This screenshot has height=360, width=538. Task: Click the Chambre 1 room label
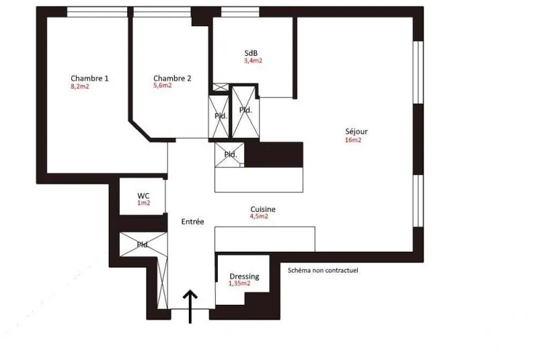point(89,78)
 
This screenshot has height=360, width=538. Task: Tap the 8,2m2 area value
point(80,87)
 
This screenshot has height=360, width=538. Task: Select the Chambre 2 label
point(172,78)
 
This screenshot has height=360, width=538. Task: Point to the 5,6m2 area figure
point(163,85)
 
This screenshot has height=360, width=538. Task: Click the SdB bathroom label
point(251,53)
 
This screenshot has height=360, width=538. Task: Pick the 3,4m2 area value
point(254,61)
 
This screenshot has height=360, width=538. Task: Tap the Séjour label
point(356,131)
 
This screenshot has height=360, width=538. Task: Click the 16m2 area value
point(353,140)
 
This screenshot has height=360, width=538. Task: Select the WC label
point(143,196)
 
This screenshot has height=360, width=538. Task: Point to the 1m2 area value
point(144,203)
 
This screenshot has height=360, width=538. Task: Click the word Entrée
point(192,221)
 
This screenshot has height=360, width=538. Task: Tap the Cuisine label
point(263,209)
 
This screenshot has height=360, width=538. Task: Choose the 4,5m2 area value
point(259,216)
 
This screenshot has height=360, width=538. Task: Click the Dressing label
point(244,277)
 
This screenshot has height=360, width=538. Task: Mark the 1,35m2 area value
point(239,283)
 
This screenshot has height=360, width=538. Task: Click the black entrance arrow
point(190,306)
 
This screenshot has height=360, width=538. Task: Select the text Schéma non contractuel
point(323,271)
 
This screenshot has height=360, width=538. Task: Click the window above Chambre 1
point(97,12)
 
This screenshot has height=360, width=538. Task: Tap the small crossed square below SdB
point(221,87)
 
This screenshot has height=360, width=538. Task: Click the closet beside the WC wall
point(143,244)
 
